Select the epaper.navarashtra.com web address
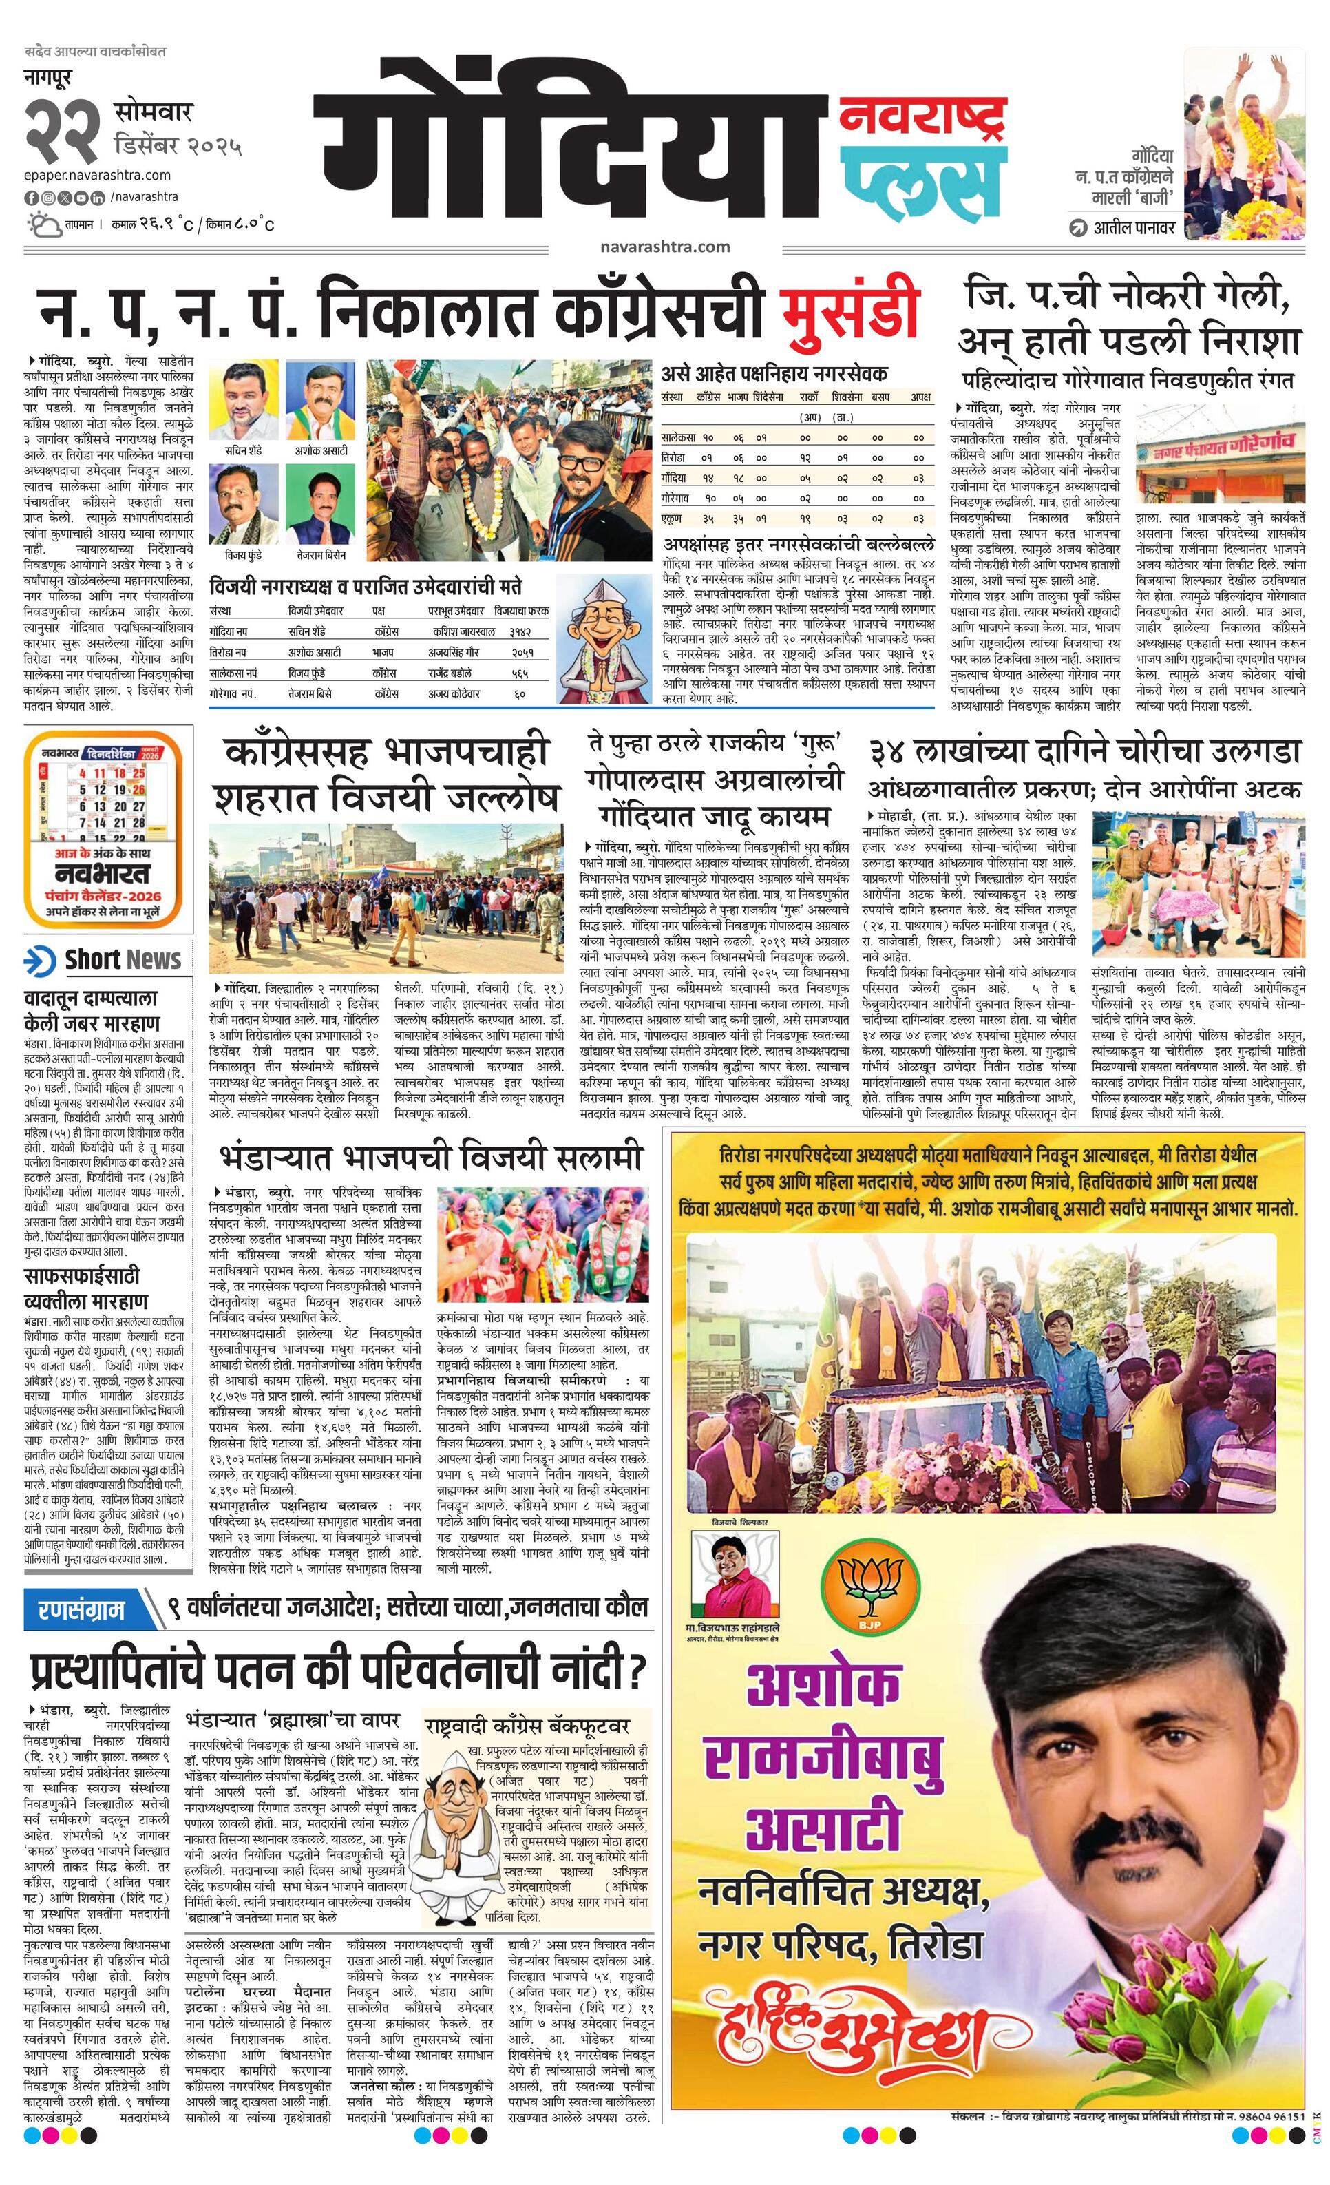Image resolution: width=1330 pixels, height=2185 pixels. [98, 175]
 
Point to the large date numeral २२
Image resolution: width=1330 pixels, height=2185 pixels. [63, 130]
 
